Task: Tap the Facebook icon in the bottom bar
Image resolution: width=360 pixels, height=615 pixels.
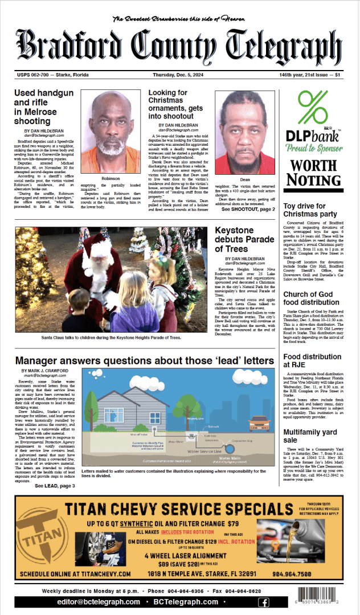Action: pos(264,602)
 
